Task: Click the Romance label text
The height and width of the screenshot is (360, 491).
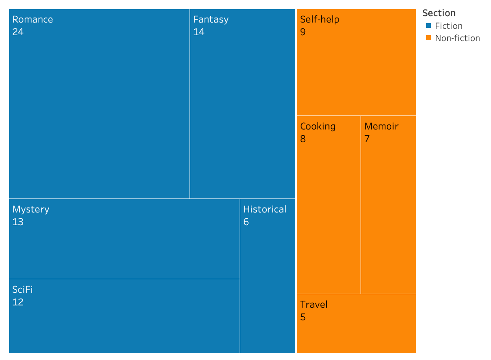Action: tap(32, 19)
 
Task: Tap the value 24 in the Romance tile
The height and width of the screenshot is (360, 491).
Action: tap(18, 32)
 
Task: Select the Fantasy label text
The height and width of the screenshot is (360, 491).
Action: tap(211, 19)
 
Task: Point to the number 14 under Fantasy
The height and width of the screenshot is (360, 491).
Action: tap(199, 32)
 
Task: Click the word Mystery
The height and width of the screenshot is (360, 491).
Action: tap(31, 209)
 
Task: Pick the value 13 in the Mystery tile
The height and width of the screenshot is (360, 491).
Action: tap(18, 222)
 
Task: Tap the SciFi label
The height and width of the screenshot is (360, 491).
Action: tap(23, 290)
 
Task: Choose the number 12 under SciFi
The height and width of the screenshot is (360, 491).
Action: tap(18, 302)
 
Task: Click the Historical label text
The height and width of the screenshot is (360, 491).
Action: tap(265, 209)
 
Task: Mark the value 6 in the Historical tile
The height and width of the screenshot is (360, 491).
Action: tap(246, 222)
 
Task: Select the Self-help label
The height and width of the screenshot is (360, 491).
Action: tap(320, 19)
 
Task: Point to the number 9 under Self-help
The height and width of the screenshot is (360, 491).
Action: tap(303, 32)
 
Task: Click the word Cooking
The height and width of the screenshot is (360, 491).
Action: tap(318, 126)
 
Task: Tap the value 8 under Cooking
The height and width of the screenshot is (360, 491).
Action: tap(303, 139)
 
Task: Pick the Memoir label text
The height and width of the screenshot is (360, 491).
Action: tap(381, 126)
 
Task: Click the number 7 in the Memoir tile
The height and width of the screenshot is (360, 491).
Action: tap(367, 139)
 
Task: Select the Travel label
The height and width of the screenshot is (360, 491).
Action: tap(314, 305)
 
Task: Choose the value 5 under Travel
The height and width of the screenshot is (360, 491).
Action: tap(303, 317)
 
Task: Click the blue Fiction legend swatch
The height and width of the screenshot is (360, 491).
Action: tap(429, 26)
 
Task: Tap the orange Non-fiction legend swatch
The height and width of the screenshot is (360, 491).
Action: tap(429, 38)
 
